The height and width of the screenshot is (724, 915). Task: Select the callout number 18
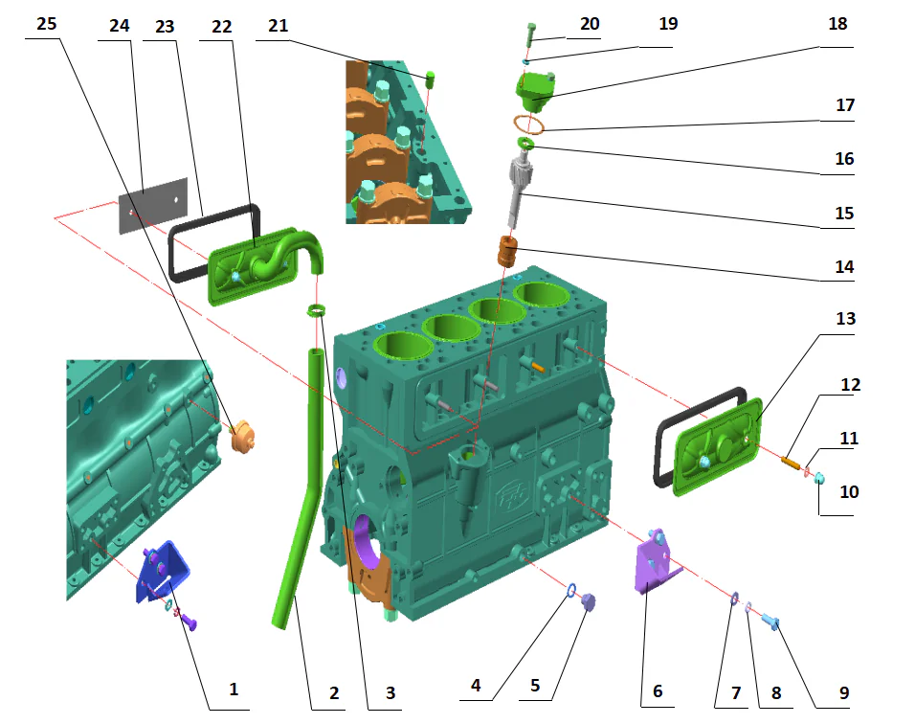coord(837,24)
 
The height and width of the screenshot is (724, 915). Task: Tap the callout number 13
coord(845,318)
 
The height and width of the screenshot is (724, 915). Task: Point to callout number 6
coord(657,690)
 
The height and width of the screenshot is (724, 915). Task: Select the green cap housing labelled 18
coord(536,92)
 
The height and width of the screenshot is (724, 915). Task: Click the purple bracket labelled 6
coord(655,564)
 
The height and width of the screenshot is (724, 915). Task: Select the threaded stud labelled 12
coord(792,463)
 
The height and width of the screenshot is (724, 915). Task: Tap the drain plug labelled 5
coord(588,601)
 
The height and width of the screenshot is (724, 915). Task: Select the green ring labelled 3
coord(317,310)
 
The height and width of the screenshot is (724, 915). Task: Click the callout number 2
coord(334,691)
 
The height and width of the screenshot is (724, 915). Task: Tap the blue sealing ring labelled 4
coord(570,589)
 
